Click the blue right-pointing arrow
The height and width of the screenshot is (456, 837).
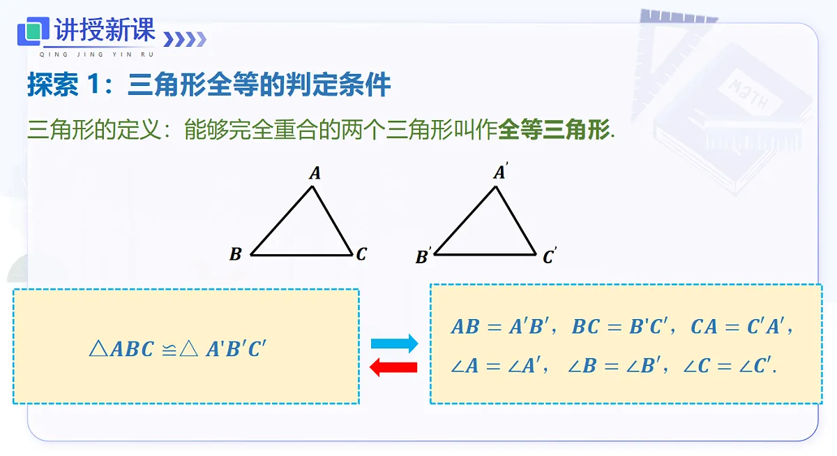click(394, 343)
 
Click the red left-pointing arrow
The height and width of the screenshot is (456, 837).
click(393, 367)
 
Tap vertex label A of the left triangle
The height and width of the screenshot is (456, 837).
click(315, 172)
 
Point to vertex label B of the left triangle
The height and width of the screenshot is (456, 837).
click(236, 254)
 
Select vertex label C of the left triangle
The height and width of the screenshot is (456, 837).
click(361, 254)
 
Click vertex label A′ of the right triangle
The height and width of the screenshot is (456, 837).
click(500, 171)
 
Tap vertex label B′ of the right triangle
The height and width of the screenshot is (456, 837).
click(423, 256)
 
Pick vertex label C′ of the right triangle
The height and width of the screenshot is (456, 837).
click(550, 256)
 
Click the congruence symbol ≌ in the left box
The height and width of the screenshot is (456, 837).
click(169, 350)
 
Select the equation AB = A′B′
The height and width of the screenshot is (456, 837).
click(500, 326)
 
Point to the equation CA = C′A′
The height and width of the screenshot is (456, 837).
click(738, 326)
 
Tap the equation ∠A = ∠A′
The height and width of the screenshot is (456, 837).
click(495, 365)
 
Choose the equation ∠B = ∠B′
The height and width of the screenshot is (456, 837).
click(614, 365)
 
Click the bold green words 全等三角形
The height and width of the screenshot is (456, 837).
click(554, 130)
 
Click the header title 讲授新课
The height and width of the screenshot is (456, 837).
click(105, 29)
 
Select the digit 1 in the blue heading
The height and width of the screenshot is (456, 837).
click(93, 84)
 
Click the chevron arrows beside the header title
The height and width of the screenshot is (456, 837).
click(185, 39)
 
